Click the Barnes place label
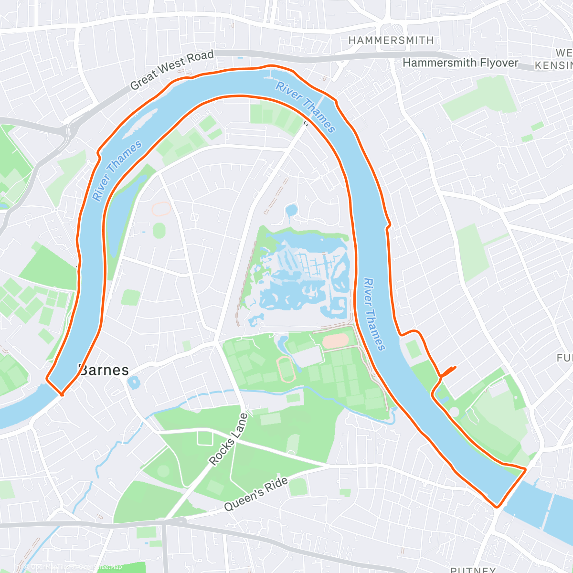pos(104,370)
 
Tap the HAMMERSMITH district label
pos(391,41)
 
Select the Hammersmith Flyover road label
pos(460,63)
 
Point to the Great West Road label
pos(172,70)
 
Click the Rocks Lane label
pos(229,439)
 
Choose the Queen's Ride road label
pos(256,494)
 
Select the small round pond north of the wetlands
pos(291,210)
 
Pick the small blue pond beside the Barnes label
pos(133,382)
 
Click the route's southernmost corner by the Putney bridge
pos(498,506)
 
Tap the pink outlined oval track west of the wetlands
pos(161,209)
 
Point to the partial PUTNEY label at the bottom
pos(473,569)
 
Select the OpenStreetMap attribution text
pos(74,567)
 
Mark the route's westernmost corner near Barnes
pos(47,379)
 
